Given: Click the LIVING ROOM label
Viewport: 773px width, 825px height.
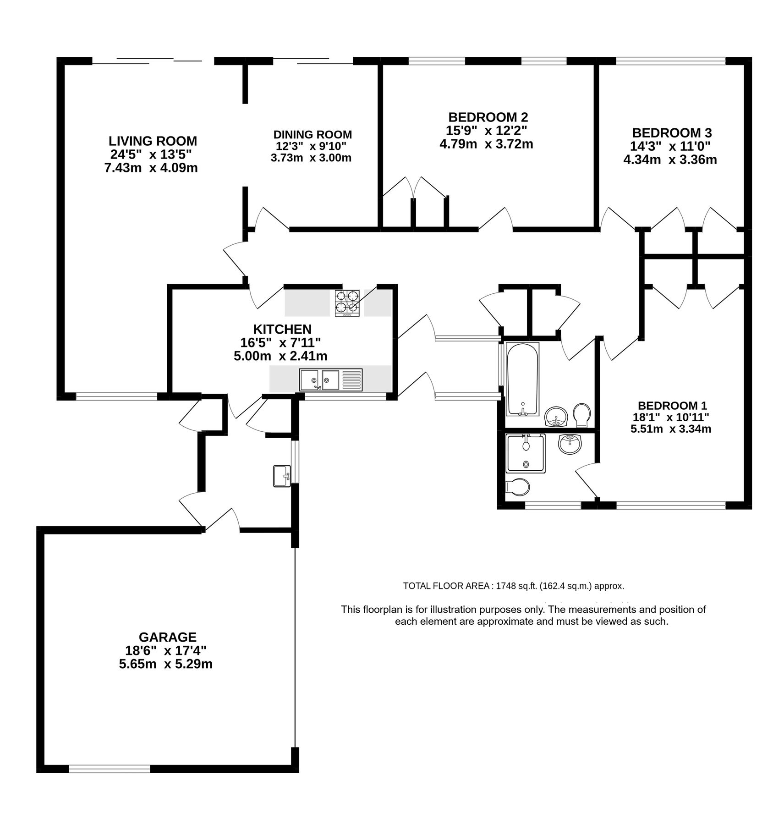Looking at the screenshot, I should (x=153, y=141).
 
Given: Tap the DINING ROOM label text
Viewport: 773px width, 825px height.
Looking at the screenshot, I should (x=312, y=135).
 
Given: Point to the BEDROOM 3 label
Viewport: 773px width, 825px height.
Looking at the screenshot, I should (x=672, y=133).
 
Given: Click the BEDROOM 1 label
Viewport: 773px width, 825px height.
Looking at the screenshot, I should (x=672, y=406).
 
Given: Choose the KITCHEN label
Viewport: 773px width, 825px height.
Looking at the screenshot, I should (x=282, y=329).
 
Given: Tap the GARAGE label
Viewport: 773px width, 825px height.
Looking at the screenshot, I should (x=168, y=637).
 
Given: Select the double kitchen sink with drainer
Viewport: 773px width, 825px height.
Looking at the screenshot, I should (x=330, y=379).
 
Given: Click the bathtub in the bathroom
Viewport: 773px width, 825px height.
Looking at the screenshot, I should (x=522, y=379).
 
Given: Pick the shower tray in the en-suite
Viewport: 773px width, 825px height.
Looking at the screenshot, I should (x=525, y=453).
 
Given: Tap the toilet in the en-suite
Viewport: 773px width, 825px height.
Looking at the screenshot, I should (x=516, y=487).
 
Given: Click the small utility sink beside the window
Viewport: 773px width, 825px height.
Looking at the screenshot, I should (x=282, y=476).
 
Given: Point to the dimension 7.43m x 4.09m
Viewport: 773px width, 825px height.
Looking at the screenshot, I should (x=151, y=168).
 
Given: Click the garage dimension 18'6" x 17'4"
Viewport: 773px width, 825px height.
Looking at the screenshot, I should (x=166, y=650).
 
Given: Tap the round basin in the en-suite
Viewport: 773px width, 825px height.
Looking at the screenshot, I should (x=570, y=444).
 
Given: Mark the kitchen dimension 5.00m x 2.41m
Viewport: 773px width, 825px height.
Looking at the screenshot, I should (x=280, y=356).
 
